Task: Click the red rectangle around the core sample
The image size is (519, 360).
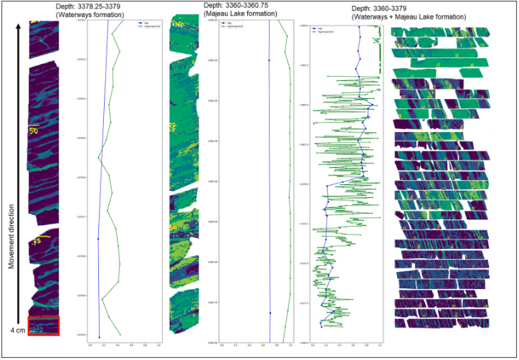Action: click(43, 326)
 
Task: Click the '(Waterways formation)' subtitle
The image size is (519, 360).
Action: click(110, 14)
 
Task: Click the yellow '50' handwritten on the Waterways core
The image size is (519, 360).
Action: click(33, 131)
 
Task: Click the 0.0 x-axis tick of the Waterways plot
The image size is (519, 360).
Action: click(91, 344)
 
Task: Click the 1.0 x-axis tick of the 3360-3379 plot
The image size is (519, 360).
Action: click(379, 346)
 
